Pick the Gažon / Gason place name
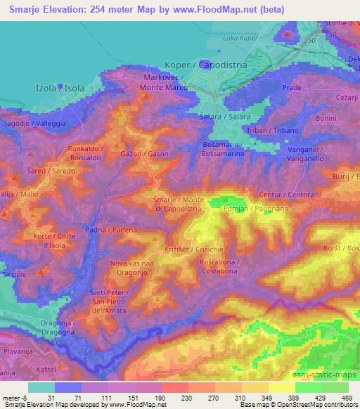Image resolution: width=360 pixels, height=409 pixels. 143,153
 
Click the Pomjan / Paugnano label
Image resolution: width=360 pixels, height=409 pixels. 245,209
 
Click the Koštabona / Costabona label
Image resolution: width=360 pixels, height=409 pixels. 219,266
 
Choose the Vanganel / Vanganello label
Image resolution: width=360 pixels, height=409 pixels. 305,155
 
